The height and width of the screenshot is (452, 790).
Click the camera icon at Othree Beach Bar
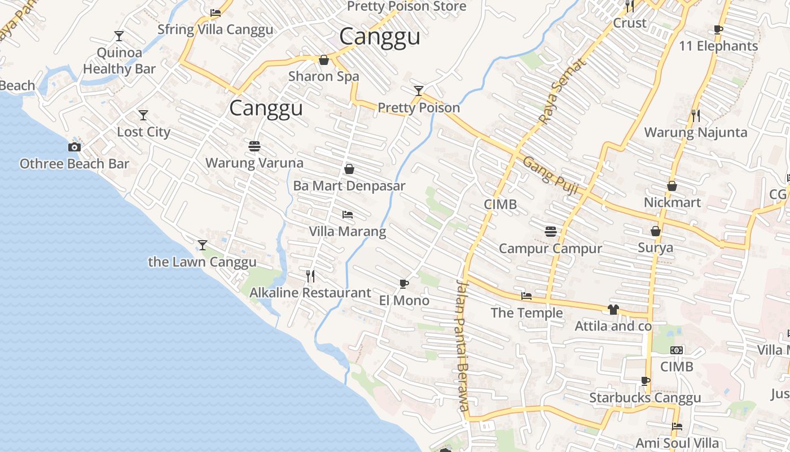[74, 147]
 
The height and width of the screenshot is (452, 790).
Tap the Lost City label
[143, 132]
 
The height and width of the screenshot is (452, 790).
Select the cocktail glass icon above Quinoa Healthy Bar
[118, 36]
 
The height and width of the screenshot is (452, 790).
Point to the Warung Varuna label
[254, 163]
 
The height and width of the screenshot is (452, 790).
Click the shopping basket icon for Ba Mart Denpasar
[349, 169]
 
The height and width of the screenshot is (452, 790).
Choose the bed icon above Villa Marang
[348, 215]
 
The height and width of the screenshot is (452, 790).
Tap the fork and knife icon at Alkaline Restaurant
[310, 276]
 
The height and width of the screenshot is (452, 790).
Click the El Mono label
[404, 301]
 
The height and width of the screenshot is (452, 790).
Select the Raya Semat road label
[562, 90]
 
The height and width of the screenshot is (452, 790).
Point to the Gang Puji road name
[550, 176]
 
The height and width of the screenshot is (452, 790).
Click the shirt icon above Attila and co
[613, 309]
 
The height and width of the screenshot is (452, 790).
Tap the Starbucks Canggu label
[645, 398]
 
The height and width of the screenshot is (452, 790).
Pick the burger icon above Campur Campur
[551, 231]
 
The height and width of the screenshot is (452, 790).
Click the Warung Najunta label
[695, 133]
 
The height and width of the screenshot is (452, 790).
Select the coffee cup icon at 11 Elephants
[718, 29]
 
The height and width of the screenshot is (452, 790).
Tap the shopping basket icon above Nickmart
[672, 185]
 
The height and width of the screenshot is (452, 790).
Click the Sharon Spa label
[323, 76]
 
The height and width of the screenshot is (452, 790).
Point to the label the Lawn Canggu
[202, 262]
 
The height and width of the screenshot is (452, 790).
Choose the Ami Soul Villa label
[677, 442]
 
